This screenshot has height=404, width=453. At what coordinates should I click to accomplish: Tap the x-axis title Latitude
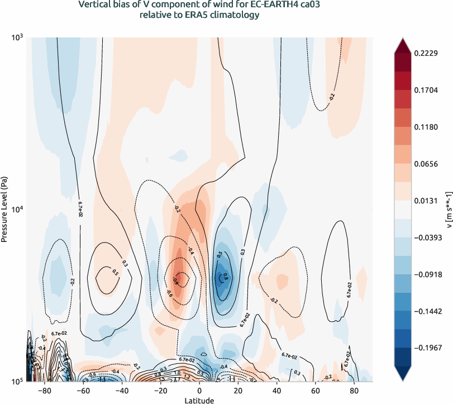coord(199,400)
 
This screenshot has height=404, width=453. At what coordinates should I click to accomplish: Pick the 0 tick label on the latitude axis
coord(199,391)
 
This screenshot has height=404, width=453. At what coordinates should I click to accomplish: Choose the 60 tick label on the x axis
coord(315,391)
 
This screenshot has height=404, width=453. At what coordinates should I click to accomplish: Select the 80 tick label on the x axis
coord(354,391)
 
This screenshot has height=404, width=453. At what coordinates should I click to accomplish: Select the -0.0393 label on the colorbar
coord(427,237)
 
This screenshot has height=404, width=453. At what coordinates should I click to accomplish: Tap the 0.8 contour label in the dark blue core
coord(226,275)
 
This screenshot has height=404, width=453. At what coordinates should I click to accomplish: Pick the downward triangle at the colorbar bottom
coord(403,374)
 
